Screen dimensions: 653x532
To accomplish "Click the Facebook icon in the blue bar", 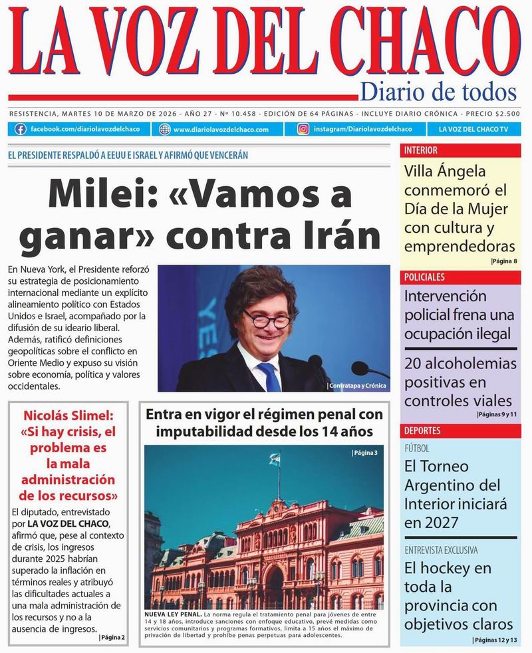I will point(21,129).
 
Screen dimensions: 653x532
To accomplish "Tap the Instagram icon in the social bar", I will point(303,129).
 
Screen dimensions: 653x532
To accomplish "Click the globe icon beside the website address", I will point(165,129).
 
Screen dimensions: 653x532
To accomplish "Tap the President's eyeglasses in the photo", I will point(267,319).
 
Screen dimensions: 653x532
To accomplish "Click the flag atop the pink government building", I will point(273,459).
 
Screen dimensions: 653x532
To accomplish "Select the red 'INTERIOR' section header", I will point(421,150).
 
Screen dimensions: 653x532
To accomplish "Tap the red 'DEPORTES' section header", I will point(422,430).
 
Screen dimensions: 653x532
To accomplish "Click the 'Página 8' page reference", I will point(503,261).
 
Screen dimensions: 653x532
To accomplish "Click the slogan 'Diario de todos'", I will point(438,91).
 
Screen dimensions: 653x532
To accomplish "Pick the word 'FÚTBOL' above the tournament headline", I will point(417,448).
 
